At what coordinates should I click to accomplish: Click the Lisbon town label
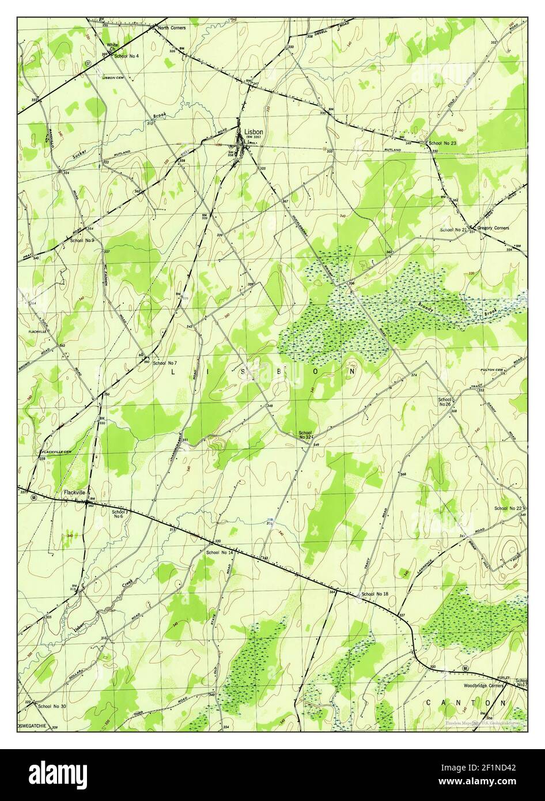click(253, 131)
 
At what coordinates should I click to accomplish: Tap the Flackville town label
click(75, 493)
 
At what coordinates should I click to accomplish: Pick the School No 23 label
click(442, 143)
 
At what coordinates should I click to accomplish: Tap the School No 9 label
click(82, 240)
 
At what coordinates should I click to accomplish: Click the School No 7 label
click(165, 364)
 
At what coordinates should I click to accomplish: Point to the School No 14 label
click(219, 553)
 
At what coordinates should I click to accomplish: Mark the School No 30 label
click(52, 706)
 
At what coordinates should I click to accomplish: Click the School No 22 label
click(508, 508)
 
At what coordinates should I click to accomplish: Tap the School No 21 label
click(453, 230)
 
